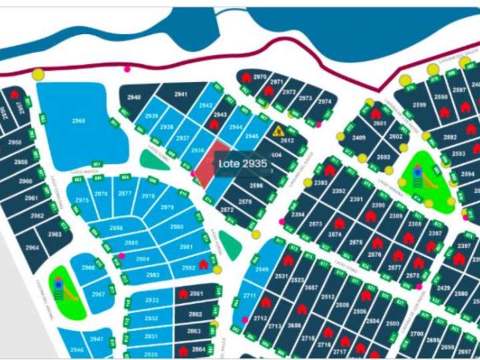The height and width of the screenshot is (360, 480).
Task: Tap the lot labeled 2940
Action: pos(134,98)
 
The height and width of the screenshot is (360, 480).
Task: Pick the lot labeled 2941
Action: pos(181,95)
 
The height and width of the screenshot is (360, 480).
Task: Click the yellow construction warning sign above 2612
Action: pos(279,131)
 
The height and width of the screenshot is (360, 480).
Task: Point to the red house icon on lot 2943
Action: pos(215,123)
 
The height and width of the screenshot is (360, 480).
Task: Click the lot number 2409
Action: pos(359,138)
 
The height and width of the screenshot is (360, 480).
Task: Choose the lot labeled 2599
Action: pos(419,105)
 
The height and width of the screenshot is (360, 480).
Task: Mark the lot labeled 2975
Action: pos(82,200)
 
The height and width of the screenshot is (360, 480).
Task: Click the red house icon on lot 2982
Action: pos(203,265)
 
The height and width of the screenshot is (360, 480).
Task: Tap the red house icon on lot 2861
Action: pos(183,294)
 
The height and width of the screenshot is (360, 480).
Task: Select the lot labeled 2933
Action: pos(152,300)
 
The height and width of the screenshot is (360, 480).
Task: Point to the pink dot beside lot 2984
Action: pos(122,255)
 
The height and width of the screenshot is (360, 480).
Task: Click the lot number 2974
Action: pos(324,101)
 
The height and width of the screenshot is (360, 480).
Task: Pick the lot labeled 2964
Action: pos(32,247)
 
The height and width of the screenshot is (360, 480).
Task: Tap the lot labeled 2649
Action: pos(261,269)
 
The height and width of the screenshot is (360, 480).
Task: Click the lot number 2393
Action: pos(321,183)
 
